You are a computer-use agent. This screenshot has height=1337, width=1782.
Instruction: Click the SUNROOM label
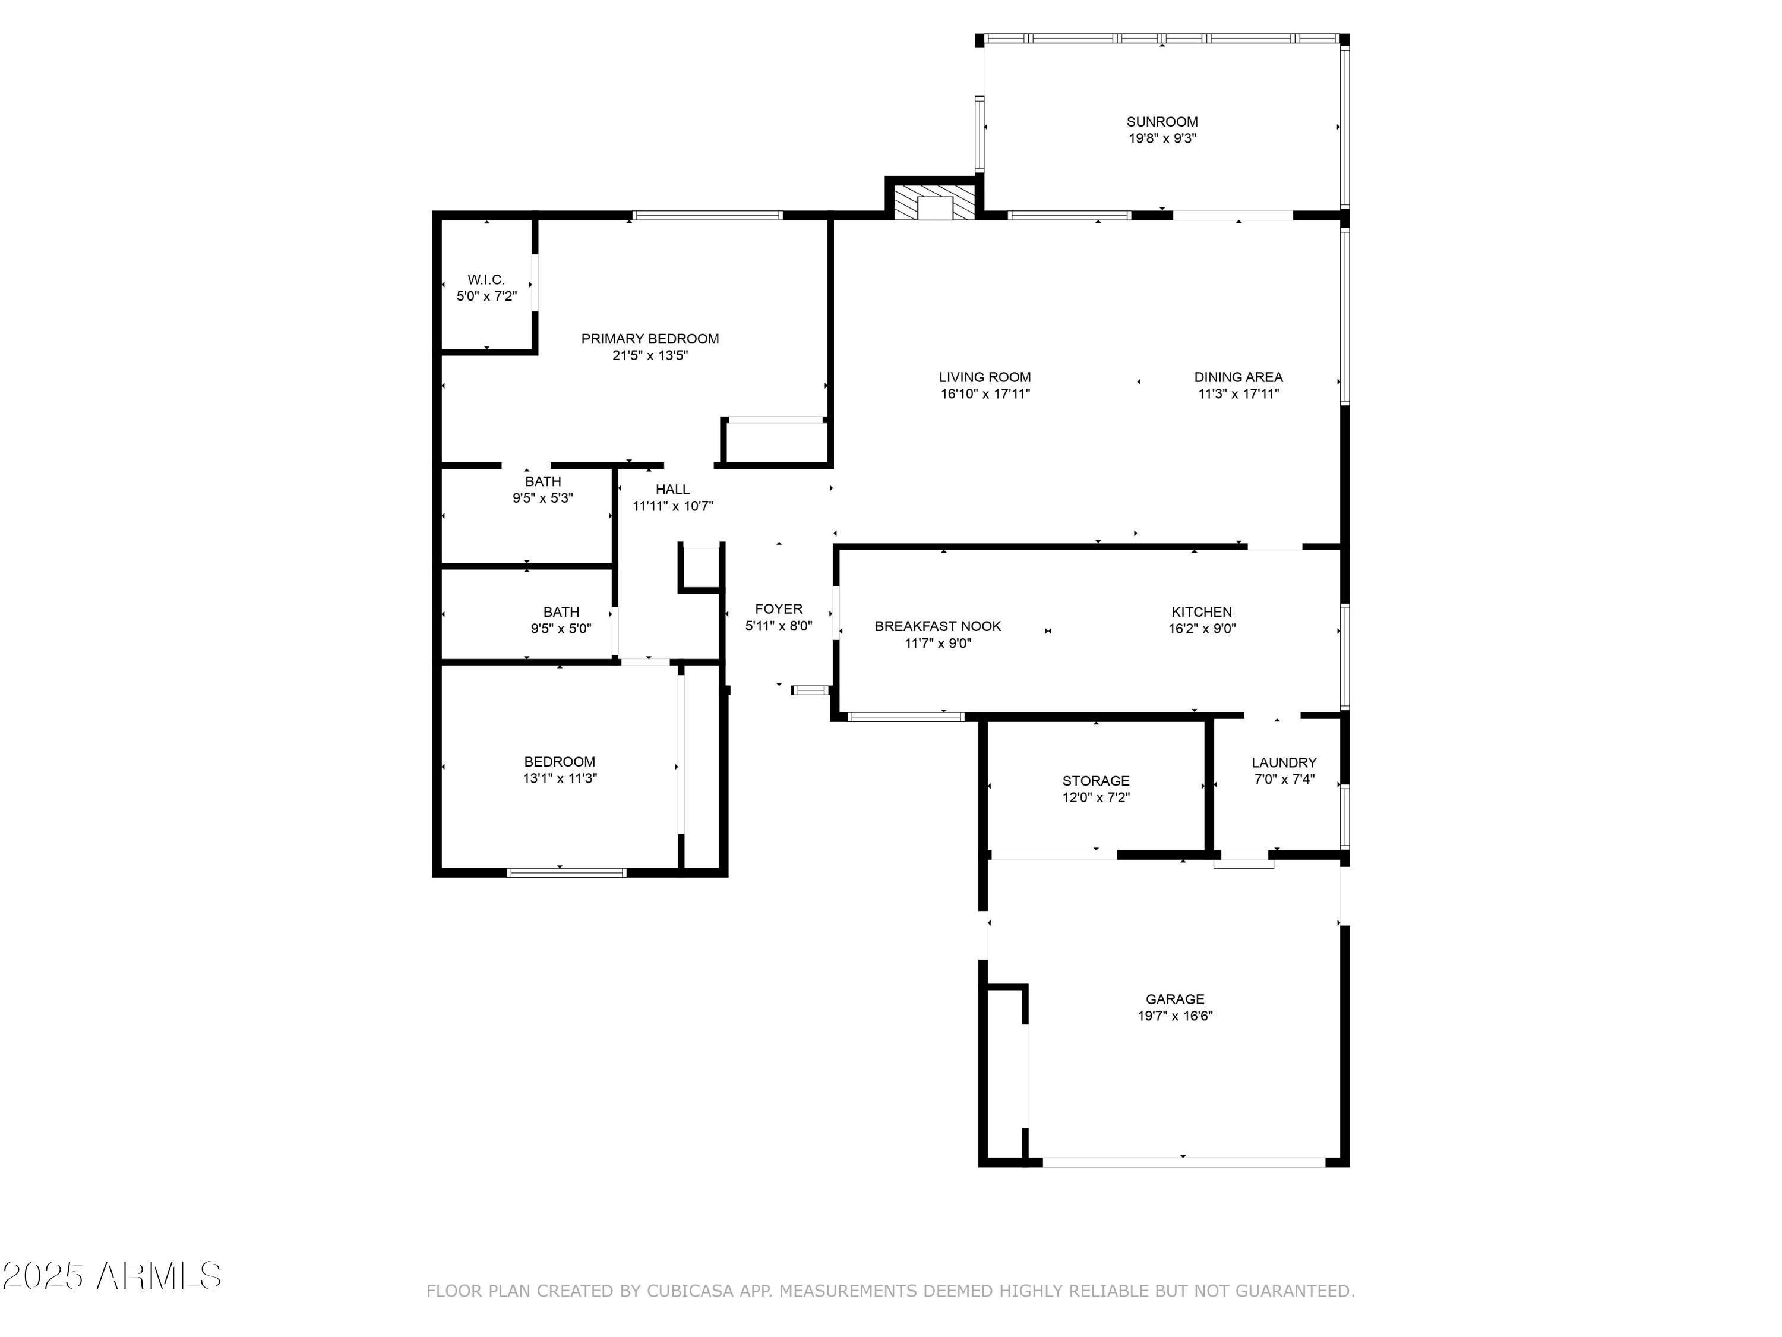1162,122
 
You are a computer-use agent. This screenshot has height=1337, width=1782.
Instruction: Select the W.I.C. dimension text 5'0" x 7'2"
486,297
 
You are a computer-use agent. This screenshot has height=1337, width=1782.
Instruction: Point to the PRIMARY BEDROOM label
649,339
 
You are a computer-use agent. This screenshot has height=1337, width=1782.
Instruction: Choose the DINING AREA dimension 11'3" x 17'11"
1238,394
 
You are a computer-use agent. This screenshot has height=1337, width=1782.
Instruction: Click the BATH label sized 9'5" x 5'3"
542,481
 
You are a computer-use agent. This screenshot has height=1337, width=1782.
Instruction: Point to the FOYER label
778,608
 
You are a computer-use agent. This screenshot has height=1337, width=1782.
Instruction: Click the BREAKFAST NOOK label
938,626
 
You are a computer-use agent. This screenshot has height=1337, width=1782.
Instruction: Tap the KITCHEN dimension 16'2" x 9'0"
1202,629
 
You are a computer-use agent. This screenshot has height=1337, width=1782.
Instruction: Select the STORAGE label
1095,780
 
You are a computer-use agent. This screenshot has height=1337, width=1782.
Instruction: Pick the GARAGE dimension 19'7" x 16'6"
1174,1016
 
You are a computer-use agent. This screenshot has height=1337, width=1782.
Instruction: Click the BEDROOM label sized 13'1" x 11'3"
559,762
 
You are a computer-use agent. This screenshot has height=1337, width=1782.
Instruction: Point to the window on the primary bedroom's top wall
706,215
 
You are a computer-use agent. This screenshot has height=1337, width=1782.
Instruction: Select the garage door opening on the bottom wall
1183,1162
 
